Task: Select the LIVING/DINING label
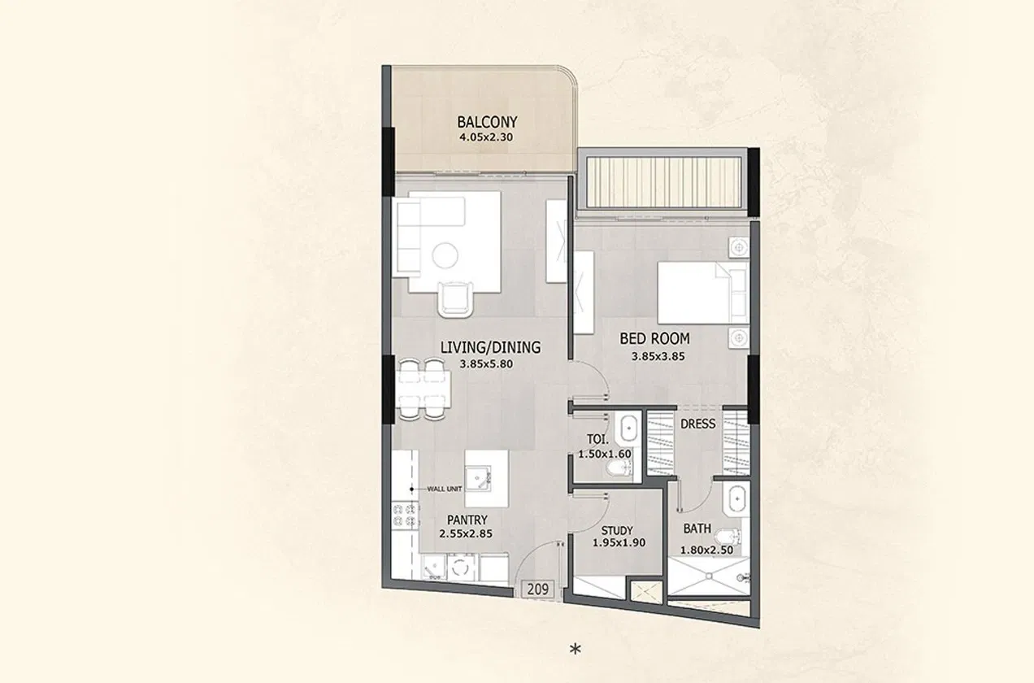(x=490, y=348)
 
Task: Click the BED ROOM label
(x=654, y=338)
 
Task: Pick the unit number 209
(x=536, y=589)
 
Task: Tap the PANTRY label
(x=467, y=520)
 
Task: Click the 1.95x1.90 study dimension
(x=618, y=542)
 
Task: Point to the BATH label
(x=697, y=529)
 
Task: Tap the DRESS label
(x=697, y=424)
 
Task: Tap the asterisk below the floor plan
(x=576, y=649)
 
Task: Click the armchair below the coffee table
(x=454, y=298)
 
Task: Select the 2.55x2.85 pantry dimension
(x=467, y=534)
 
